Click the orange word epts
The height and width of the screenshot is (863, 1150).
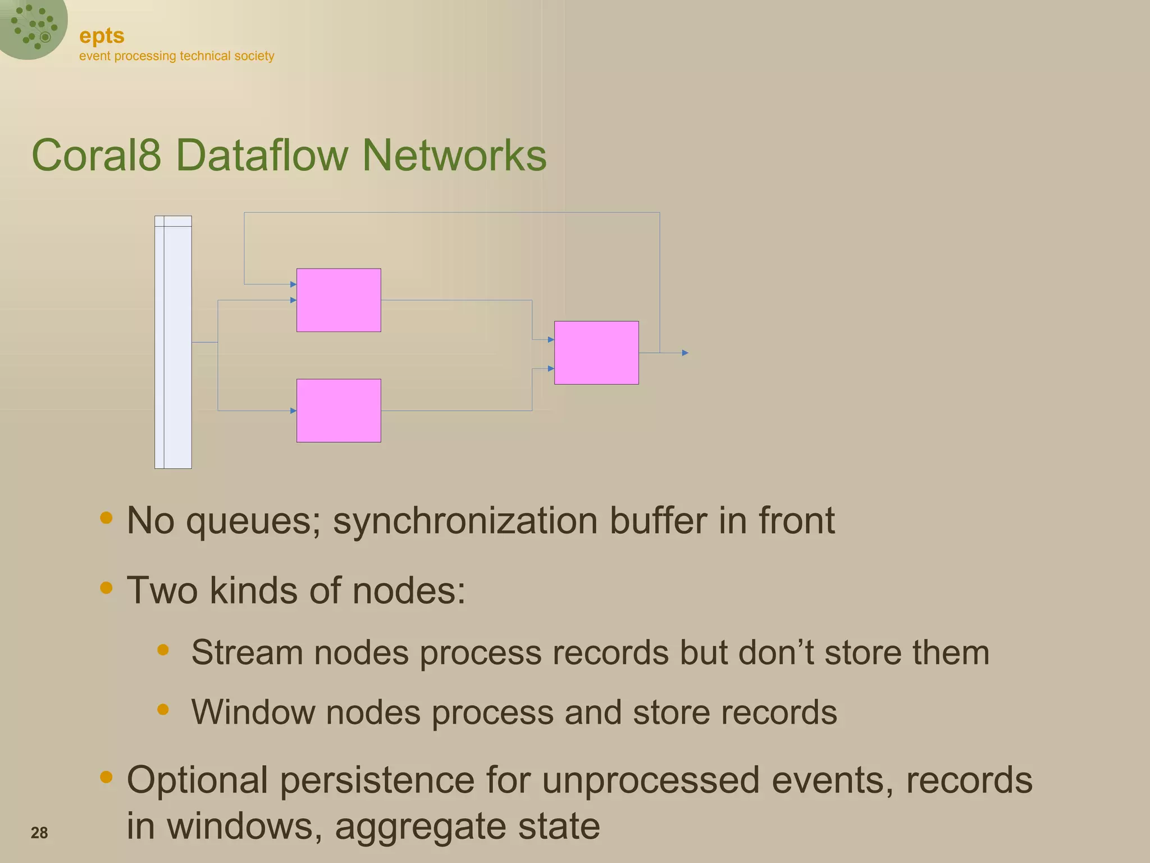(102, 36)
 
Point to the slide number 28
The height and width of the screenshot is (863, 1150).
(39, 833)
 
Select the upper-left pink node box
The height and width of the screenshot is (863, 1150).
(339, 300)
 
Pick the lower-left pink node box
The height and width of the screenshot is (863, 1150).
(339, 411)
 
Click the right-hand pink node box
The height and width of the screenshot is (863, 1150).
(596, 353)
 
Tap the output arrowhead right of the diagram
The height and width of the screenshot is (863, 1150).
(685, 353)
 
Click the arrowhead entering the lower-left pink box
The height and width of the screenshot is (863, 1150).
(293, 411)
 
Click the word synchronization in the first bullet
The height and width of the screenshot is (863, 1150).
(466, 521)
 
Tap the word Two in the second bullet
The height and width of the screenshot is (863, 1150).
(162, 591)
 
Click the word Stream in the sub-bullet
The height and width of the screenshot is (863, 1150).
(247, 652)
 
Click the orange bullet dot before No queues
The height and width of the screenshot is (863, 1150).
(106, 517)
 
